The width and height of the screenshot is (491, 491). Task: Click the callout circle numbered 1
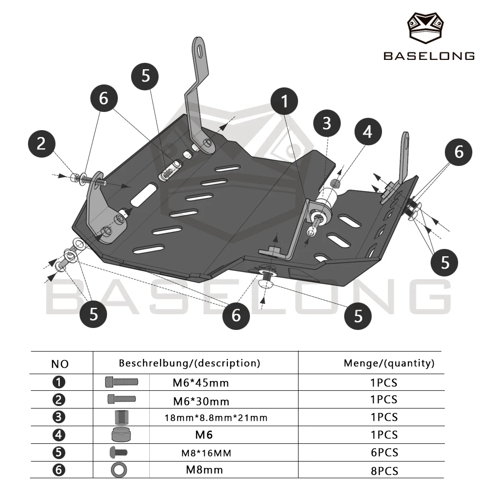click(284, 101)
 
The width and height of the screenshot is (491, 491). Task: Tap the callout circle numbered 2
click(42, 144)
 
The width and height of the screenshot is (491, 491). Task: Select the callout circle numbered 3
click(327, 123)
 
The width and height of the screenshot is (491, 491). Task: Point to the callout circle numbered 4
click(368, 132)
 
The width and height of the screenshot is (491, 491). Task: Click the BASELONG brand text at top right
click(429, 56)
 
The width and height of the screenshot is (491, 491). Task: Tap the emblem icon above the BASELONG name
click(425, 28)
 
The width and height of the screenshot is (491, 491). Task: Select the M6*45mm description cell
click(201, 382)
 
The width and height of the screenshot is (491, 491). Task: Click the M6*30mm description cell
click(201, 401)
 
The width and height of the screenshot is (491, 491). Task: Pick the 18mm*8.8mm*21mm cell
click(216, 418)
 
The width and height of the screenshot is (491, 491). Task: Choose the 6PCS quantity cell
click(384, 453)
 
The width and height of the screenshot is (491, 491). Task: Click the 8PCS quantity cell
click(384, 471)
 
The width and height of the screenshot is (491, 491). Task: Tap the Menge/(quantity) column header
click(389, 363)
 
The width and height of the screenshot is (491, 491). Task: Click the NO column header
click(60, 364)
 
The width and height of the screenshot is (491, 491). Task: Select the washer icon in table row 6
click(119, 470)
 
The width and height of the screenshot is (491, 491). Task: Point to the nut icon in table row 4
click(121, 435)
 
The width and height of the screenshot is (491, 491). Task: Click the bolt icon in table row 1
click(121, 382)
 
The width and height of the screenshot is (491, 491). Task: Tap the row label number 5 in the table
click(59, 453)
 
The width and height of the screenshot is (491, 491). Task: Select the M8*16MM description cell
click(206, 453)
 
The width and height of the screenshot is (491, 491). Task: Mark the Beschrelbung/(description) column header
click(190, 363)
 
